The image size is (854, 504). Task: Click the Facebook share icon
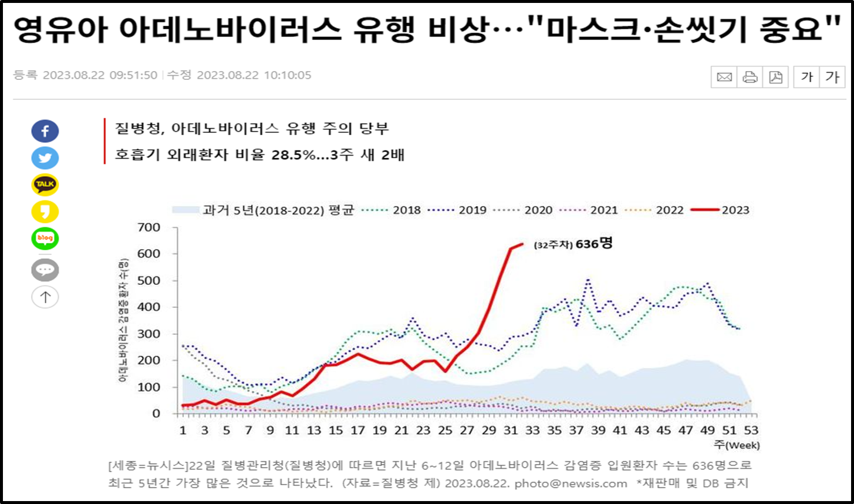coord(45,131)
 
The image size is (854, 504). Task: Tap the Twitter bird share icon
coord(45,158)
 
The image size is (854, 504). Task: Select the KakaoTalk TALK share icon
coord(45,184)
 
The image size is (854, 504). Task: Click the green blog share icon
coord(45,238)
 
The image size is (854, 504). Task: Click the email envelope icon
coord(724,77)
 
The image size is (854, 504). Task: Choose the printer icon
coord(750,77)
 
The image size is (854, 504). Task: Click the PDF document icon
coord(776,77)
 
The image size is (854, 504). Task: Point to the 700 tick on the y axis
coord(149,227)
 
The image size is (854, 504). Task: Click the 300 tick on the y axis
coord(149,334)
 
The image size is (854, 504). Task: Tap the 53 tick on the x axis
coord(751,431)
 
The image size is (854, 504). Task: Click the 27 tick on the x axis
coord(467,431)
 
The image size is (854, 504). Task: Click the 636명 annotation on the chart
coord(593,244)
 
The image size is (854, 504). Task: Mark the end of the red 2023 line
coord(522,244)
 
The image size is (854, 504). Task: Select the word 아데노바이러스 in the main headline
coord(229,29)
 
